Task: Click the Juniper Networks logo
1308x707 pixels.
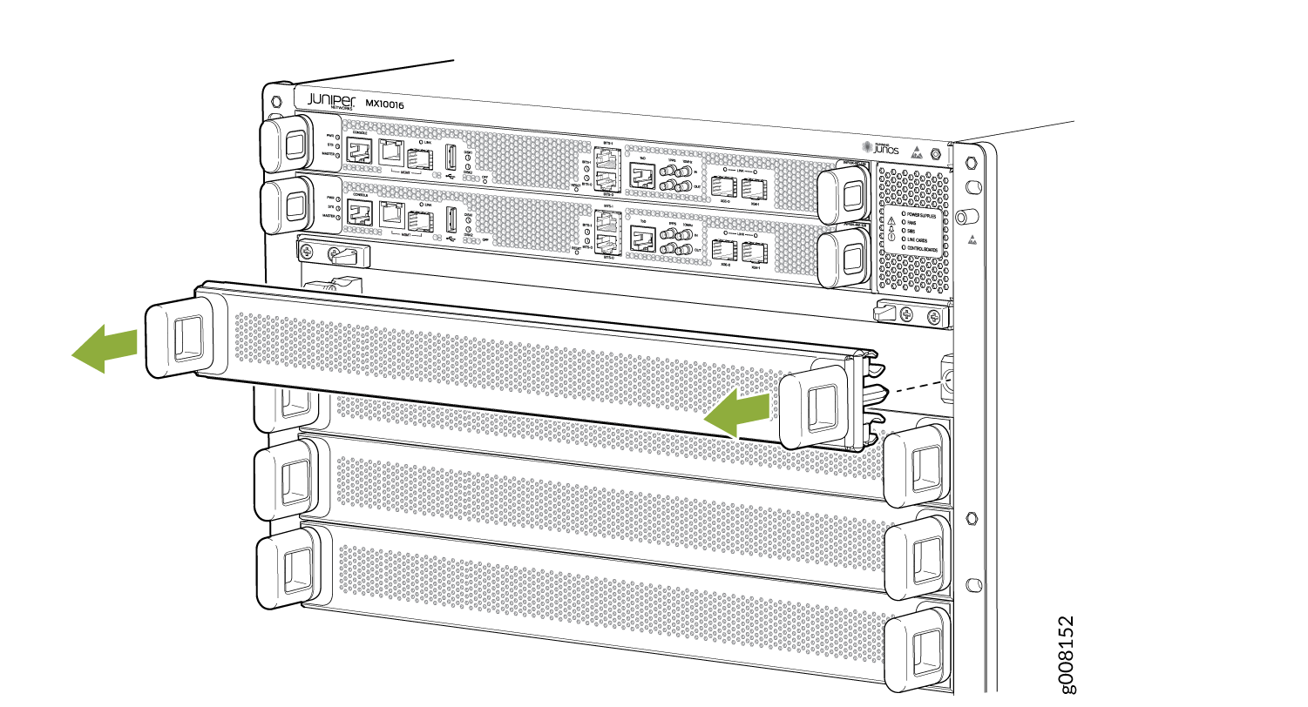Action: click(x=331, y=101)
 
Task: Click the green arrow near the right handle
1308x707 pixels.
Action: click(x=737, y=412)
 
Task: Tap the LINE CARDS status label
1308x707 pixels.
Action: click(x=920, y=239)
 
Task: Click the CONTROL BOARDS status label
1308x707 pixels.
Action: click(x=926, y=251)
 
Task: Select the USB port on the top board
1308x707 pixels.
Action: click(x=451, y=159)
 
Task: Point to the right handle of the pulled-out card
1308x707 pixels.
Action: click(x=819, y=405)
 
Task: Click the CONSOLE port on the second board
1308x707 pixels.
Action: click(x=359, y=216)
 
